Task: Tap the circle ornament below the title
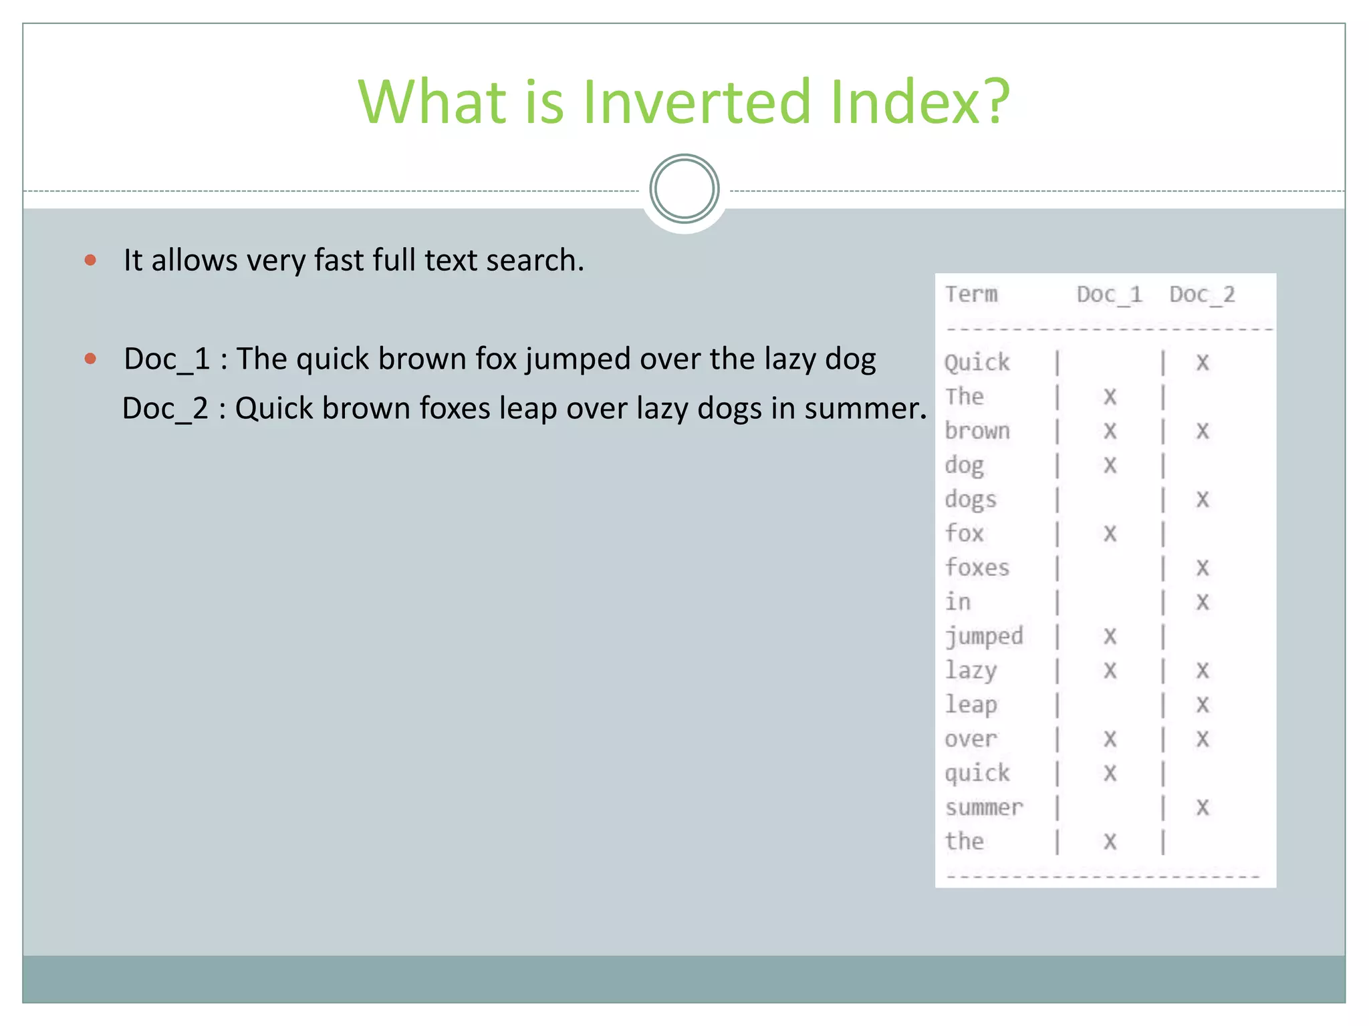[x=684, y=189]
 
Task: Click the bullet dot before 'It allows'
[x=91, y=260]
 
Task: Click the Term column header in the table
[x=971, y=295]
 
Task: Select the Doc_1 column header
[x=1109, y=295]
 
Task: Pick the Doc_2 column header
[x=1202, y=295]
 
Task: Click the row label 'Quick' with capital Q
[x=977, y=363]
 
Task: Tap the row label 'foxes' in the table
[x=977, y=568]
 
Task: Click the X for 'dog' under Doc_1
[x=1110, y=465]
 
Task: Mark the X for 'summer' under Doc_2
[x=1203, y=808]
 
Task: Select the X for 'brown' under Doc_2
[x=1203, y=431]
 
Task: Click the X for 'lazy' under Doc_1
[x=1110, y=670]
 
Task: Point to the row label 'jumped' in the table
[x=983, y=636]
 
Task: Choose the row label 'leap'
[x=971, y=705]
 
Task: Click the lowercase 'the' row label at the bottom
[x=964, y=841]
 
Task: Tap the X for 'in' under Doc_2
[x=1203, y=602]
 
